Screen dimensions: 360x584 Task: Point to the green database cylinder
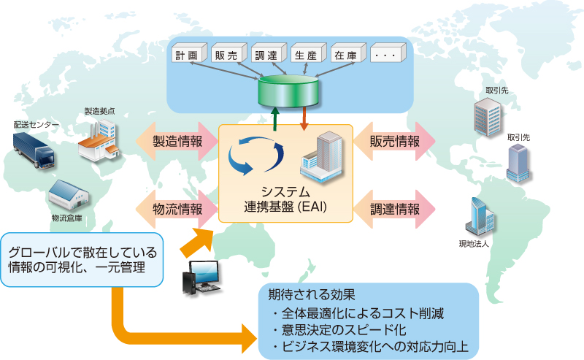[289, 91]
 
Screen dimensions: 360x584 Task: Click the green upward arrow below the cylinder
[274, 118]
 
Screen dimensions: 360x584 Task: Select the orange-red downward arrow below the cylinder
[304, 118]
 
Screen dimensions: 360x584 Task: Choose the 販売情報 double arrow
[394, 142]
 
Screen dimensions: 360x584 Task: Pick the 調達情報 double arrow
[394, 209]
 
